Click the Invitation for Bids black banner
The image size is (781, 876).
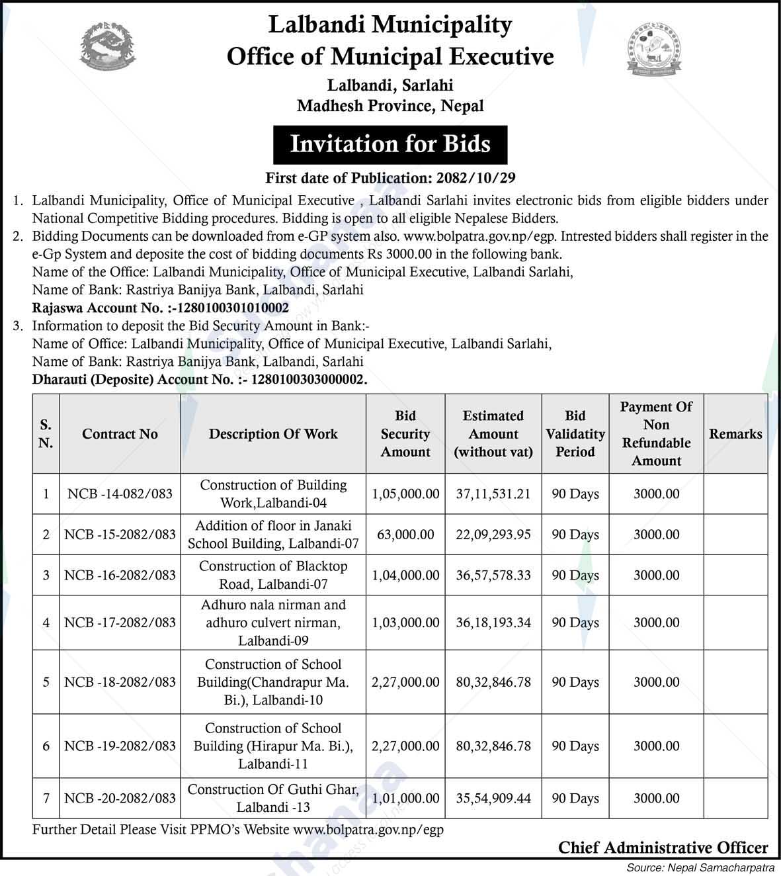pyautogui.click(x=390, y=144)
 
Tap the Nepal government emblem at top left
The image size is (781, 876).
pyautogui.click(x=108, y=44)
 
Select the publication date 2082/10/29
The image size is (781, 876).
pyautogui.click(x=475, y=178)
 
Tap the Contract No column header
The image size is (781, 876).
pyautogui.click(x=120, y=434)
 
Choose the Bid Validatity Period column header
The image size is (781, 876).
pyautogui.click(x=575, y=434)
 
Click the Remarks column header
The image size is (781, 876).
pyautogui.click(x=735, y=434)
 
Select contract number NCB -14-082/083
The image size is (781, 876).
pyautogui.click(x=120, y=494)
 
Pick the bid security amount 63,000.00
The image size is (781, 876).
pyautogui.click(x=405, y=535)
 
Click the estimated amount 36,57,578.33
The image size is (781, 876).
pyautogui.click(x=493, y=575)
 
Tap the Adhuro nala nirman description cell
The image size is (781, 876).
pyautogui.click(x=273, y=623)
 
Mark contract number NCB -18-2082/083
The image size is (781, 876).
pyautogui.click(x=120, y=682)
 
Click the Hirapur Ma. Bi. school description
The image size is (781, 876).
pyautogui.click(x=273, y=746)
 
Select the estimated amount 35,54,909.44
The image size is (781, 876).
pyautogui.click(x=493, y=799)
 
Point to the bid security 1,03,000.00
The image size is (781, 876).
pyautogui.click(x=405, y=623)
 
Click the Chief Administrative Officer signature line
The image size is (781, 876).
pyautogui.click(x=663, y=848)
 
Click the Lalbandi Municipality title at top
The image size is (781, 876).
pyautogui.click(x=390, y=25)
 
